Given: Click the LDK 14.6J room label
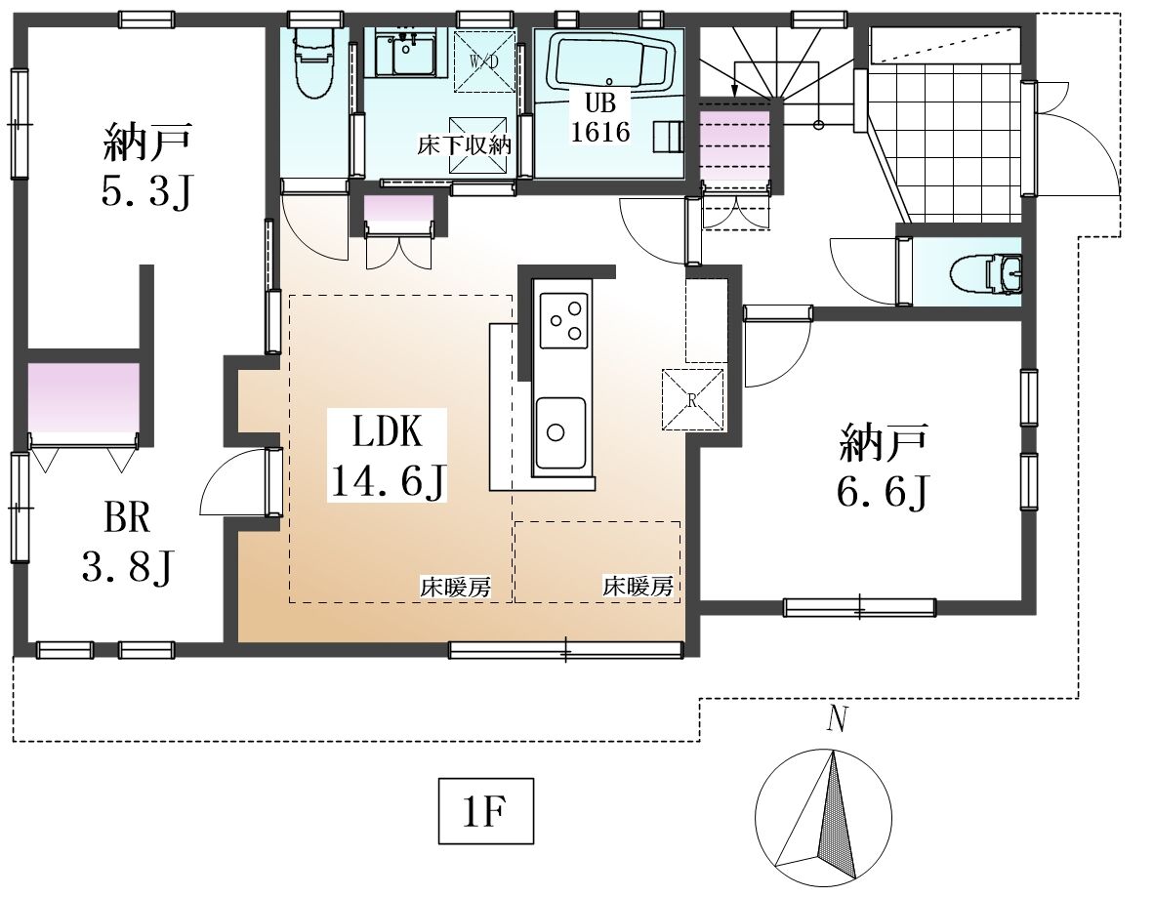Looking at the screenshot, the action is click(388, 456).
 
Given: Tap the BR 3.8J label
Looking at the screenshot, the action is click(127, 542).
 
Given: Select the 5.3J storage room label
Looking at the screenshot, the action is click(147, 166).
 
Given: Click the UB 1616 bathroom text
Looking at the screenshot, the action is click(600, 118).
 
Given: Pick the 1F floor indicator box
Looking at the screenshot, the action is click(486, 810).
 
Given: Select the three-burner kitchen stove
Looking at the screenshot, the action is click(564, 320).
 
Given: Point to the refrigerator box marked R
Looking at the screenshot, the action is click(692, 399).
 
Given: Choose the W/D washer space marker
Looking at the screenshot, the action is click(483, 61).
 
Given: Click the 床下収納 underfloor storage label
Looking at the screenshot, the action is click(464, 145).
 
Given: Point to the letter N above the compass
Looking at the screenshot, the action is click(835, 719).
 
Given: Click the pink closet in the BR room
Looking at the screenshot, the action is click(83, 397).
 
